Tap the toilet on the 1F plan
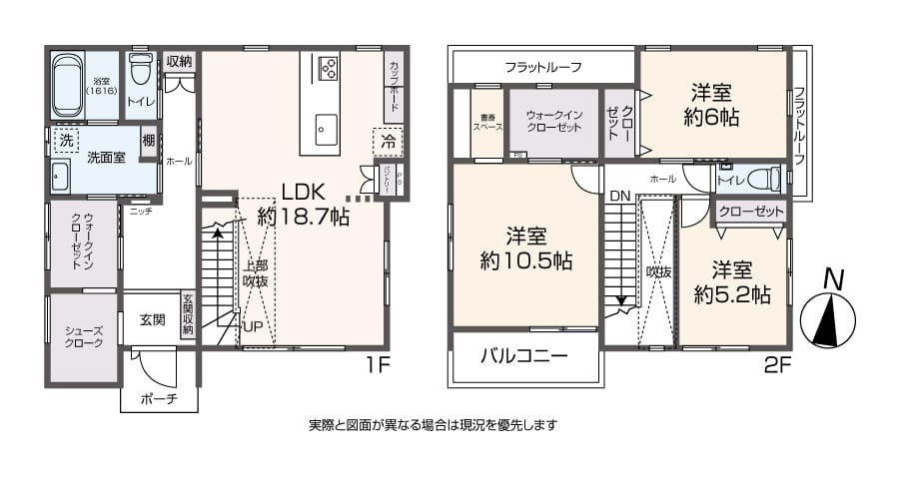coord(141,72)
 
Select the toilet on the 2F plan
coord(761,180)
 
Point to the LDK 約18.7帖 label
coord(303,203)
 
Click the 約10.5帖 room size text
coord(525,249)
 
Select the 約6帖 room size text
coord(711,105)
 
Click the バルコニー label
coord(523,356)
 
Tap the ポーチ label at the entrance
coord(158,399)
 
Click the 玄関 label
coord(153,319)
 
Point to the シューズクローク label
coord(83,336)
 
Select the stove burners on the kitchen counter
coord(328,68)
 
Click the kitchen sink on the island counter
coord(326,127)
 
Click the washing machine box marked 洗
coord(66,140)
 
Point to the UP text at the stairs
coord(255,327)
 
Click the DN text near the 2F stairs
coord(619,196)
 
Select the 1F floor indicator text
coord(377,364)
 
